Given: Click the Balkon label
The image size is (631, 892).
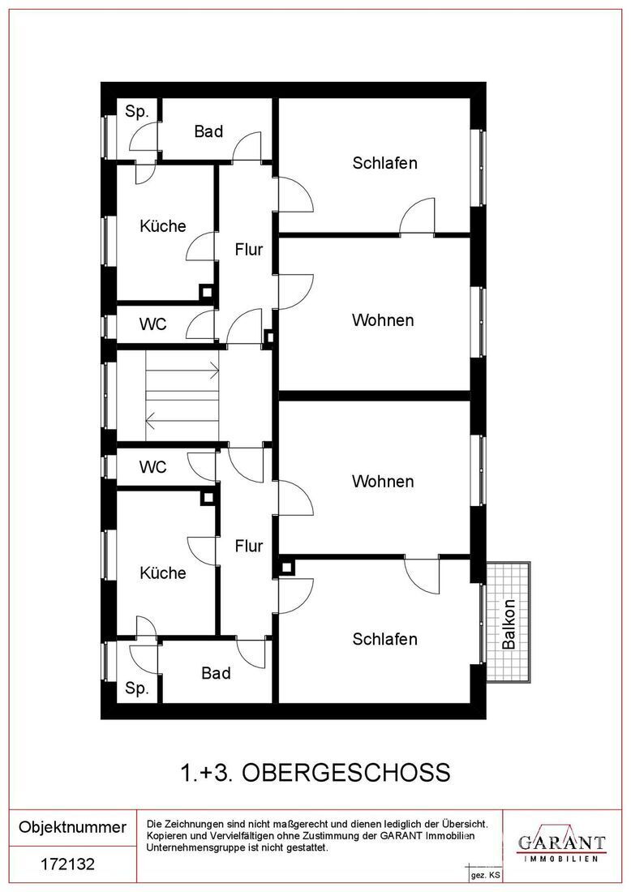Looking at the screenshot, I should (509, 624).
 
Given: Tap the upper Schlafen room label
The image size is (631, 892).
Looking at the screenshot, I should (384, 163).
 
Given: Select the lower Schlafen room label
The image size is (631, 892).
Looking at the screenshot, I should (384, 639).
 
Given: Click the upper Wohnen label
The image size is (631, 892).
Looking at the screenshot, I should (383, 320).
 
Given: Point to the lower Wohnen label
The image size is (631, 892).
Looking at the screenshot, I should (383, 482).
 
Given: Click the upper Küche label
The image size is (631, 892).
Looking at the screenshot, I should (163, 226).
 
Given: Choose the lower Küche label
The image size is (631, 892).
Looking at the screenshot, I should (163, 573).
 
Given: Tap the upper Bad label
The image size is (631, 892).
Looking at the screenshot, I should (208, 131).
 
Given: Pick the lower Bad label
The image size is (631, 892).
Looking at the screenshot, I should (216, 673).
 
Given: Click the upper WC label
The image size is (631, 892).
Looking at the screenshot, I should (152, 324).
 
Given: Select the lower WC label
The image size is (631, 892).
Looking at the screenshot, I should (152, 467).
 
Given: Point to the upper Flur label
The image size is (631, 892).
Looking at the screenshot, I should (248, 250).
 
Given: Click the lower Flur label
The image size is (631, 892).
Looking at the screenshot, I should (248, 546).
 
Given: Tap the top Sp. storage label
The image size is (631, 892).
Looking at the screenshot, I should (137, 113).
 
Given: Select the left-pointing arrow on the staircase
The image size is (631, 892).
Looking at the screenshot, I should (151, 419).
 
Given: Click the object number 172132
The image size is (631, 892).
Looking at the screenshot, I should (67, 864).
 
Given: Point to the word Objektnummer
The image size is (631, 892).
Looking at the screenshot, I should (72, 827).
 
